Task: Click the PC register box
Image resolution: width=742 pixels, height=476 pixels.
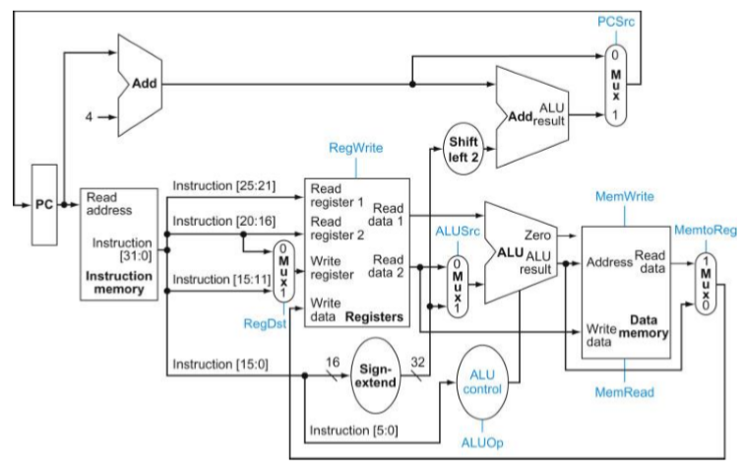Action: coord(44,206)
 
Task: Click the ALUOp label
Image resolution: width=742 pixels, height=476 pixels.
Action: coord(482,442)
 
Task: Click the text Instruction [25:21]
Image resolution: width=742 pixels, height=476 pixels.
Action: coord(223,184)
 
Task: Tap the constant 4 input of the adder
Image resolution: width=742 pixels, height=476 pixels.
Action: coord(88,116)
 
